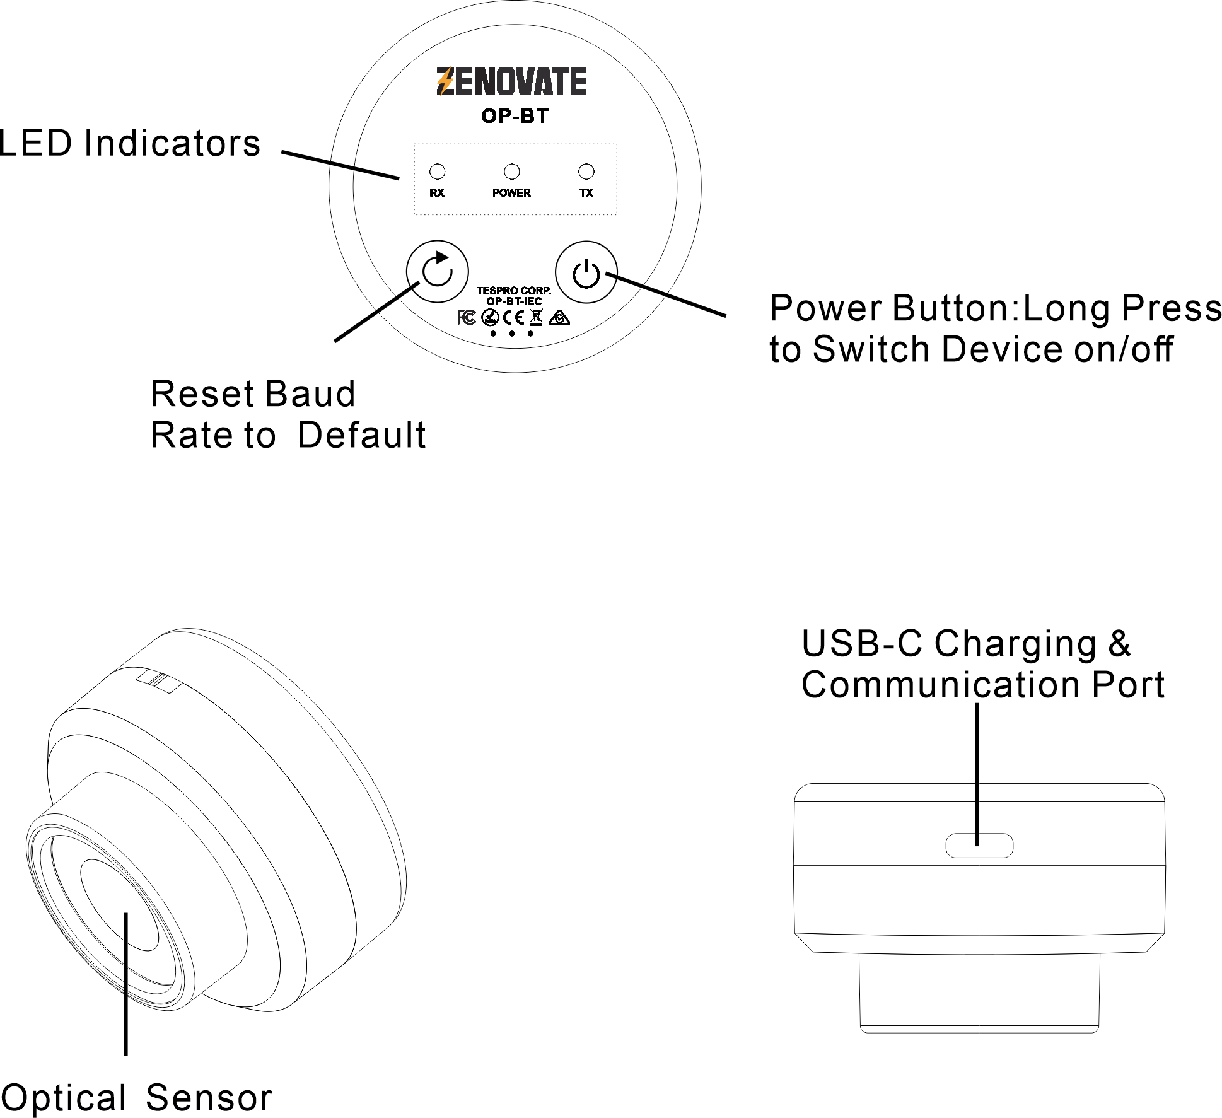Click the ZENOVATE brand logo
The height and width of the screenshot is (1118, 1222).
coord(511,82)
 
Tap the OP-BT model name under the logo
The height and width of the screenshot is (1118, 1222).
coord(515,116)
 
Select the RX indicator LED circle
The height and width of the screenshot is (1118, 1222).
coord(437,172)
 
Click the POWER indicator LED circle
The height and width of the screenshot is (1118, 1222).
coord(511,172)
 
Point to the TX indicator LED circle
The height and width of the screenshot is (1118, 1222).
coord(586,172)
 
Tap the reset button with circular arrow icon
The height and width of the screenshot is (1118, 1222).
coord(437,271)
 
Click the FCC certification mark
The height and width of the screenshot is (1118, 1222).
coord(467,317)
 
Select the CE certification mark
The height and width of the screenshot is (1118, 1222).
coord(514,318)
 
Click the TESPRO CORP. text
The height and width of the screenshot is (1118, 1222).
coord(513,291)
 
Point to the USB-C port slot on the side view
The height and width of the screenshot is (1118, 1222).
coord(979,846)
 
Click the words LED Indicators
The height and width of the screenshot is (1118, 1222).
coord(130,143)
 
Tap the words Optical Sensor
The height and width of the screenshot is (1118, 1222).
coord(136,1097)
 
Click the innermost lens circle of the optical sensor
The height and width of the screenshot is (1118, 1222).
coord(120,905)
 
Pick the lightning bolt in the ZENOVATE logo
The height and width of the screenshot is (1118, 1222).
coord(445,82)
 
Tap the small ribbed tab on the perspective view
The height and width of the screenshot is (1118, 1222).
coord(159,682)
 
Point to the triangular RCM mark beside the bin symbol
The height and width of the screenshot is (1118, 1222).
coord(559,318)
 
